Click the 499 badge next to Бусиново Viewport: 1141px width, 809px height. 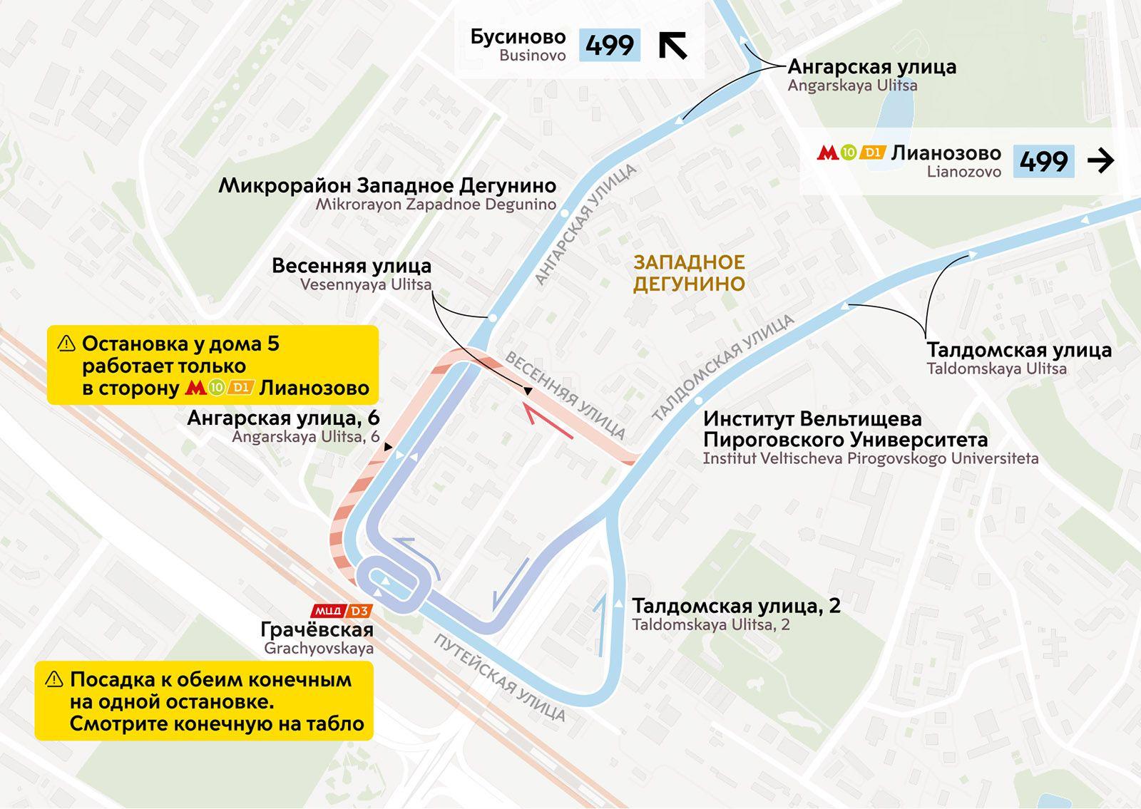[609, 45]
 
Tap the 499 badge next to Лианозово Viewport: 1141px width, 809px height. [1043, 161]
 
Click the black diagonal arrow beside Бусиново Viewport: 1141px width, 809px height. [672, 45]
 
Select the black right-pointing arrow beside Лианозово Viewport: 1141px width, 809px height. [1100, 161]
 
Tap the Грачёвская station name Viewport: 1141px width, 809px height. [317, 629]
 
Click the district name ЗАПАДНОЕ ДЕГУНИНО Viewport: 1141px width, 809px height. [689, 273]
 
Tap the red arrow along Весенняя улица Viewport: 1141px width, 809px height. [547, 421]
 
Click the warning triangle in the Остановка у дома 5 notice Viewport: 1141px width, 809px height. [66, 344]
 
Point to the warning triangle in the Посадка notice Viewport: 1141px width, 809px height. [54, 679]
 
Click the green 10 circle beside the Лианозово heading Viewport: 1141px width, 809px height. [848, 152]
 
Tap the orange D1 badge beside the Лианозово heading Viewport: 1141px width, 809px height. [872, 152]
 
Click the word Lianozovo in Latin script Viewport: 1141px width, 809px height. [963, 172]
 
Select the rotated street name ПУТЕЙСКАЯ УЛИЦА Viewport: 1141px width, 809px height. [499, 677]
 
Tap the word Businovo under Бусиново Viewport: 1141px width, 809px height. [532, 56]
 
